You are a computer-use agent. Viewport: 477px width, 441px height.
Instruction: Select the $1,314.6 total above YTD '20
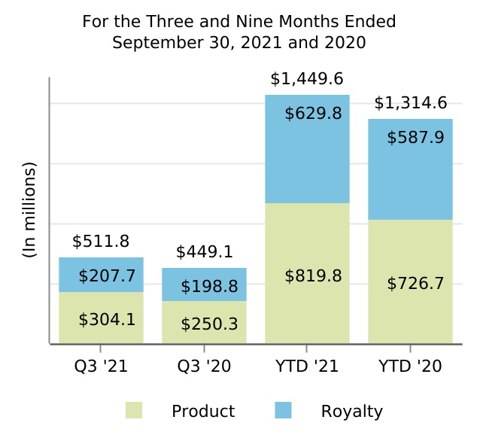tap(410, 103)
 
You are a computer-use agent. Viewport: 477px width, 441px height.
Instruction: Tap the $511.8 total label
tap(101, 242)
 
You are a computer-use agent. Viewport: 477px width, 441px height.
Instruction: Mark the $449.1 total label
tap(204, 252)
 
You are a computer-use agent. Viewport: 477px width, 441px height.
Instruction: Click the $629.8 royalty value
tap(313, 114)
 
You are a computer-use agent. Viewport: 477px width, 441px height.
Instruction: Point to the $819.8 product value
tap(313, 276)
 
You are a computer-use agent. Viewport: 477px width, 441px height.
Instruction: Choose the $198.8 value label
tap(209, 287)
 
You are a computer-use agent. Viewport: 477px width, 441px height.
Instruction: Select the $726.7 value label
tap(415, 284)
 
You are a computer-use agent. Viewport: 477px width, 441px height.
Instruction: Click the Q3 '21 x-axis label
tap(101, 366)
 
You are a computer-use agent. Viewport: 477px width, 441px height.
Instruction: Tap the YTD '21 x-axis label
tap(307, 366)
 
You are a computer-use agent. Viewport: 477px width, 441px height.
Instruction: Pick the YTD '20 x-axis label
tap(410, 366)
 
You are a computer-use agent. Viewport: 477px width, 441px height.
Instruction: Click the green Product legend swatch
tap(134, 410)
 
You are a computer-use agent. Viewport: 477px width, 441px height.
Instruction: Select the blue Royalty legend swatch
tap(283, 410)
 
